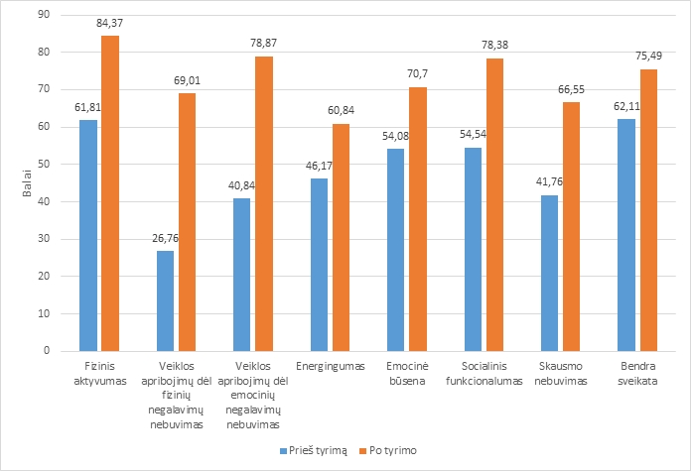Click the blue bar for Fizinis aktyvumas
[88, 235]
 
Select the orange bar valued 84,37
[110, 193]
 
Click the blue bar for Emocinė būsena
[395, 250]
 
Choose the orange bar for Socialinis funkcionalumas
[494, 204]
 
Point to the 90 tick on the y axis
[43, 15]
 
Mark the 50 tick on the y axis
[43, 165]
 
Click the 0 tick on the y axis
[46, 351]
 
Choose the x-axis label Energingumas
[330, 367]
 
